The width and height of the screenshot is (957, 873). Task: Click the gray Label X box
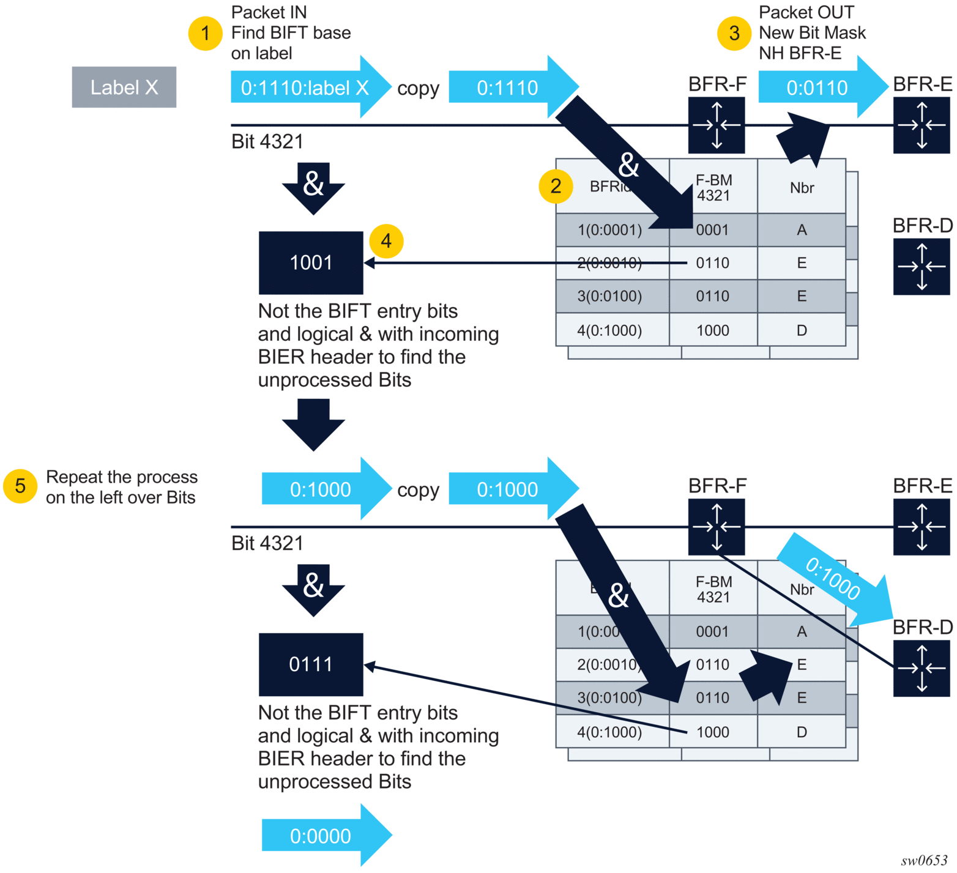click(124, 87)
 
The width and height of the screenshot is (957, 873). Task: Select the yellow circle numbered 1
click(205, 33)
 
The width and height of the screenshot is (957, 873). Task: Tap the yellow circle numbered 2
click(556, 186)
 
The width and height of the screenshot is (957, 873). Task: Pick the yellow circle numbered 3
click(734, 33)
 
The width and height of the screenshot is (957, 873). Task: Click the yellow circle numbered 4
click(386, 241)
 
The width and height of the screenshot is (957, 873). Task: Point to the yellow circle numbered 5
click(20, 486)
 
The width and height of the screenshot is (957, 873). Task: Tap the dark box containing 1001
click(311, 262)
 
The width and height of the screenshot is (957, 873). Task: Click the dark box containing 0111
click(311, 664)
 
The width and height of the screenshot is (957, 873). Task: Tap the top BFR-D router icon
click(921, 266)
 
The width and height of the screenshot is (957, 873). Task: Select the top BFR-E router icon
click(921, 125)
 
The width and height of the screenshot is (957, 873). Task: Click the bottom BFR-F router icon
click(717, 527)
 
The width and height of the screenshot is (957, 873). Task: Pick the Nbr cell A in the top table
click(802, 230)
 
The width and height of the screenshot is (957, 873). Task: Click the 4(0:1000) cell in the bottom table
click(610, 732)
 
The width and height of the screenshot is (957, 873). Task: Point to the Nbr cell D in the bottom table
click(802, 732)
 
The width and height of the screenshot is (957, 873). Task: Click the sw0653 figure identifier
click(924, 860)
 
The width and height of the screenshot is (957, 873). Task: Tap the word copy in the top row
click(418, 89)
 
